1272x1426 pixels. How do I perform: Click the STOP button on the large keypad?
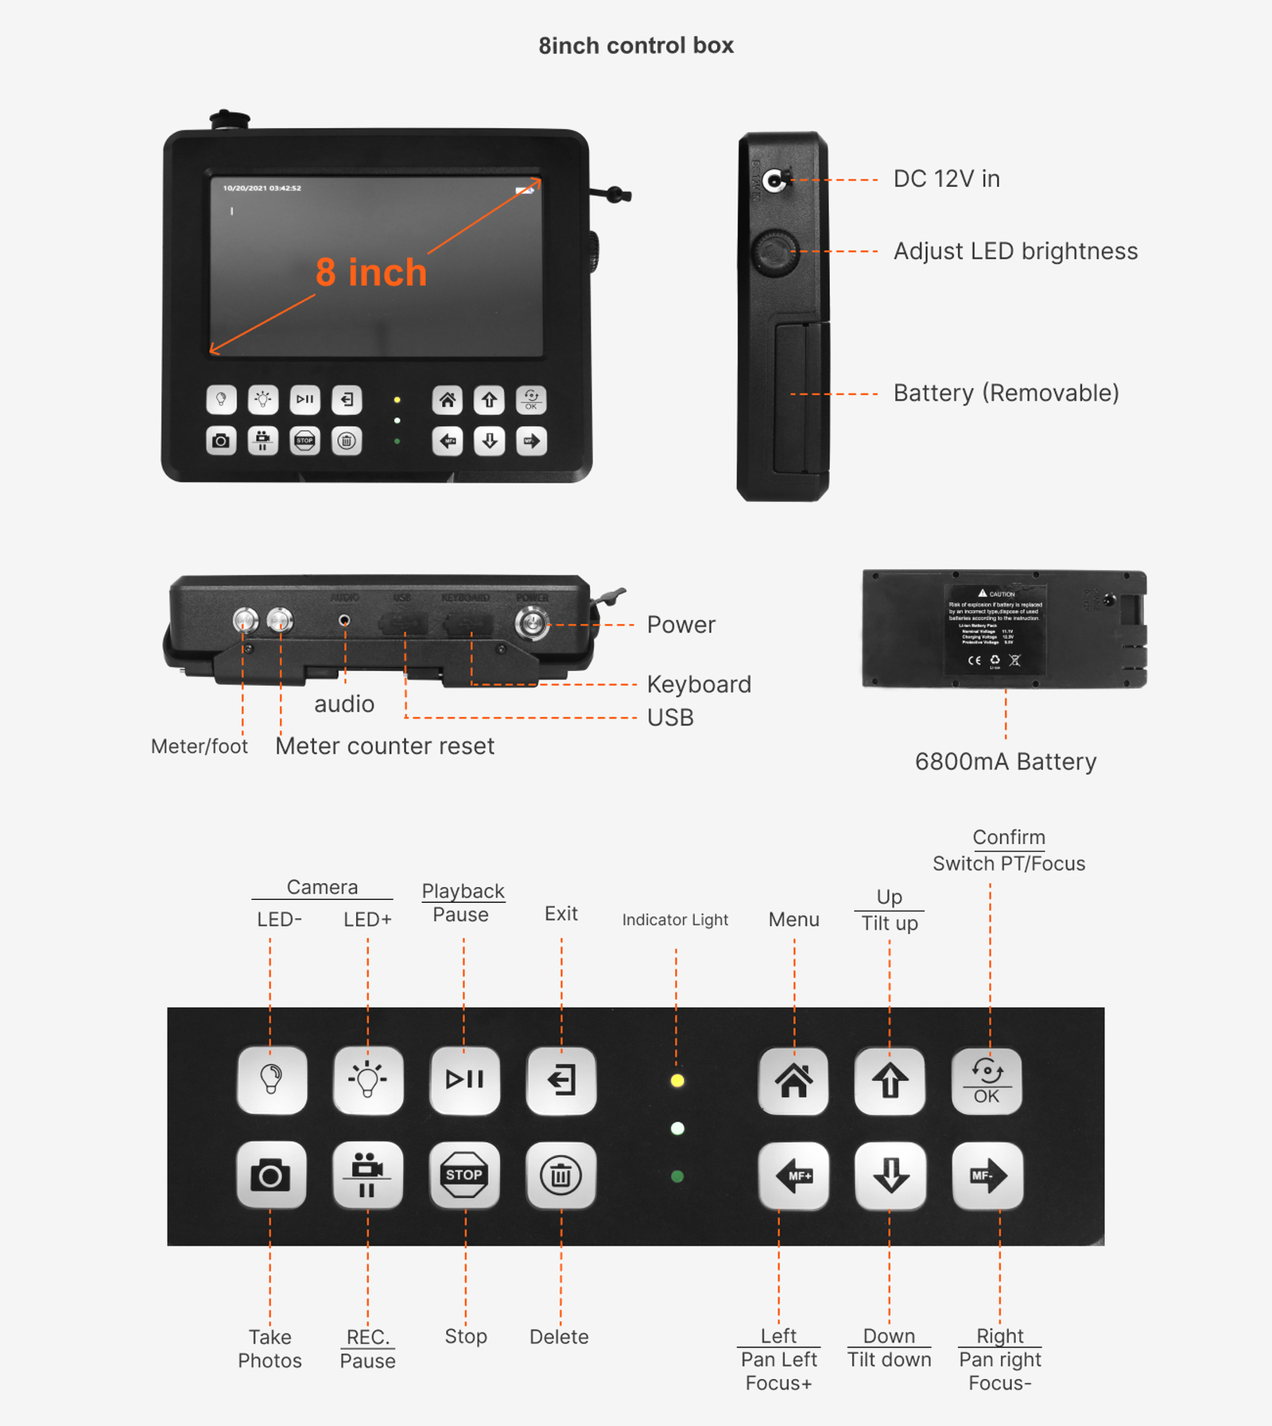[x=464, y=1175]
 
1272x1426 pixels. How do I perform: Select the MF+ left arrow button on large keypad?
[x=793, y=1176]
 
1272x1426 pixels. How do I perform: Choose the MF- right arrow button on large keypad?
[x=987, y=1176]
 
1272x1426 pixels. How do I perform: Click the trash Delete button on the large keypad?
[x=560, y=1175]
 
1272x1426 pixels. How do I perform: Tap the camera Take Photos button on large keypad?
[x=270, y=1175]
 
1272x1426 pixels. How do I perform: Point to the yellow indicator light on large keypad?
[x=677, y=1081]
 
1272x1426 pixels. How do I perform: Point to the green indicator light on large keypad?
[x=677, y=1176]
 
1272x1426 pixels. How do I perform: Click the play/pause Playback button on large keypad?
[x=464, y=1079]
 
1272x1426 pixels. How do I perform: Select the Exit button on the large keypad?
[x=560, y=1080]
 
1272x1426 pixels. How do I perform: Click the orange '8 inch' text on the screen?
[x=371, y=273]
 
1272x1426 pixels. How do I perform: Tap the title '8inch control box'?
[x=636, y=46]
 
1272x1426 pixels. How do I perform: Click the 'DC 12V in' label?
[x=946, y=179]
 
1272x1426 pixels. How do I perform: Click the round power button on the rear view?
[x=531, y=623]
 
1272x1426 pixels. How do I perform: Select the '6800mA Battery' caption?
[x=1005, y=761]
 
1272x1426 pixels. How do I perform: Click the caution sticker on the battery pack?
[x=995, y=628]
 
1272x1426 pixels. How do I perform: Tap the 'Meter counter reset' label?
[x=385, y=746]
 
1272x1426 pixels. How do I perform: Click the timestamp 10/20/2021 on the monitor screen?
[x=262, y=188]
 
